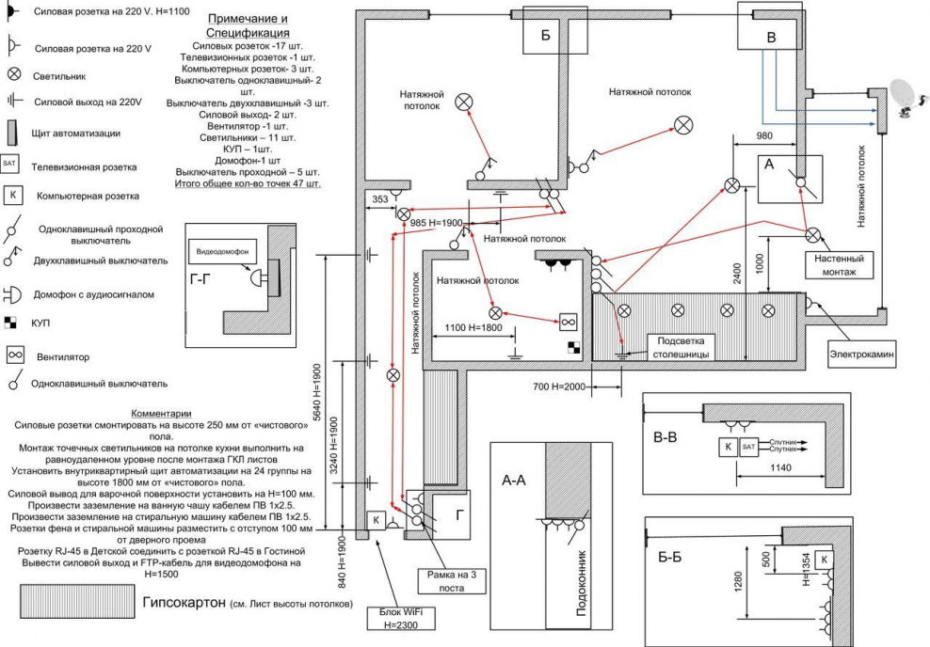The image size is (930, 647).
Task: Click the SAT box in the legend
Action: coord(10,164)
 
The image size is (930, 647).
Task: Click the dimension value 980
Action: coord(766,136)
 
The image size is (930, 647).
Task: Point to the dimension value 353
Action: coord(379,199)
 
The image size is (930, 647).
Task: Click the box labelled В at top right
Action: coord(772,37)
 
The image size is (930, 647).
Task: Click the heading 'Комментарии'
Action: coord(161,413)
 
